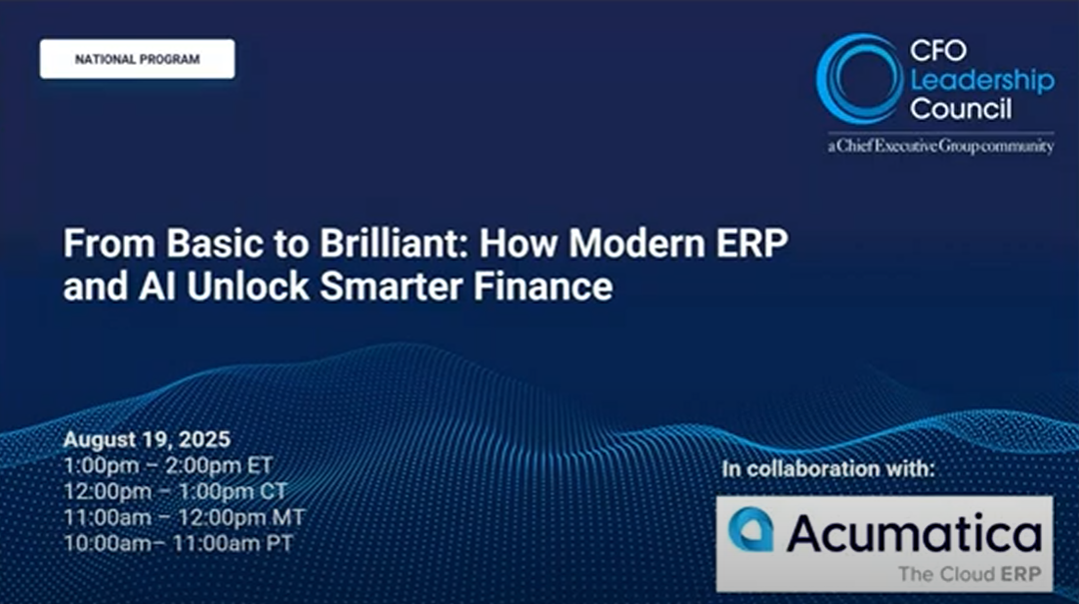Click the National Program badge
[x=137, y=59]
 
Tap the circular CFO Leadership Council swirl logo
[x=858, y=79]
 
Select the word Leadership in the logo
[x=981, y=81]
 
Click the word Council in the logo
[x=961, y=109]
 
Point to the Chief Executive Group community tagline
[x=940, y=146]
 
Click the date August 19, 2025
[x=147, y=439]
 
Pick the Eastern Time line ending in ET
[x=168, y=465]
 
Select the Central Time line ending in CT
[x=175, y=491]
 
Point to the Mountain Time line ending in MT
[x=184, y=518]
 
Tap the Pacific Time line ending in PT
[x=179, y=544]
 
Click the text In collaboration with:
[x=828, y=469]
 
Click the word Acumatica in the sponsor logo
[x=912, y=533]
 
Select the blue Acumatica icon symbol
[x=750, y=529]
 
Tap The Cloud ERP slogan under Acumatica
[x=969, y=574]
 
